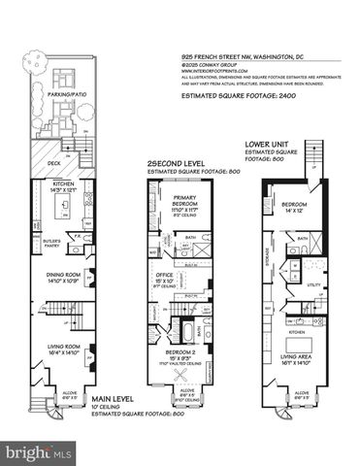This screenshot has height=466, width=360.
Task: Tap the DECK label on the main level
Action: click(x=53, y=166)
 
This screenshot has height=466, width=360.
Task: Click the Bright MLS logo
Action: click(x=39, y=452)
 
